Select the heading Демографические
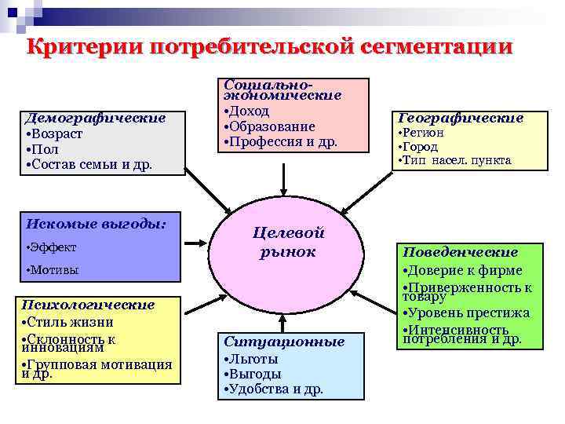pos(95,119)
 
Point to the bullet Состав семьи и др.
pos(88,165)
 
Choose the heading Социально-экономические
pos(282,89)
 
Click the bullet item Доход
pos(248,111)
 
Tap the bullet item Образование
pos(270,126)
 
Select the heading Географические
pos(461,119)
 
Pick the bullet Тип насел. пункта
pos(455,160)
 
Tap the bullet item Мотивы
pos(53,270)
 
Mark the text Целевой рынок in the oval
pos(288,242)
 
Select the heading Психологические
pos(89,305)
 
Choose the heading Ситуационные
pos(284,342)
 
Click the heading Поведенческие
pos(460,253)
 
